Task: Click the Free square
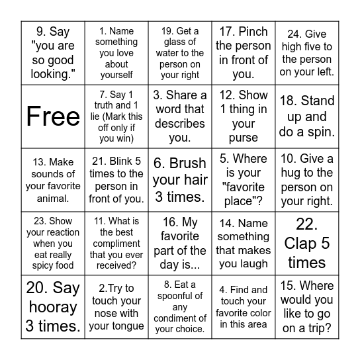pos(53,116)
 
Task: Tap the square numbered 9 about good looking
pos(53,53)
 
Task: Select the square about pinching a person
pos(244,53)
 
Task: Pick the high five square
pos(307,53)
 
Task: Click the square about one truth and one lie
pos(116,116)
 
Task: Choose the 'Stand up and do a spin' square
pos(307,116)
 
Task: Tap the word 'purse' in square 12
pos(244,138)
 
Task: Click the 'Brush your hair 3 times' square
pos(180,180)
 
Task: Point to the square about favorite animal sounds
pos(53,180)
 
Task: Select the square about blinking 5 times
pos(116,180)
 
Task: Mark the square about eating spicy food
pos(53,244)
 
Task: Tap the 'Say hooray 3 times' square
pos(53,307)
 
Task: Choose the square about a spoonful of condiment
pos(180,307)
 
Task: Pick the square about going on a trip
pos(307,307)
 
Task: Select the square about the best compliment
pos(116,244)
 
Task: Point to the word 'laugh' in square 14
pos(256,263)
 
